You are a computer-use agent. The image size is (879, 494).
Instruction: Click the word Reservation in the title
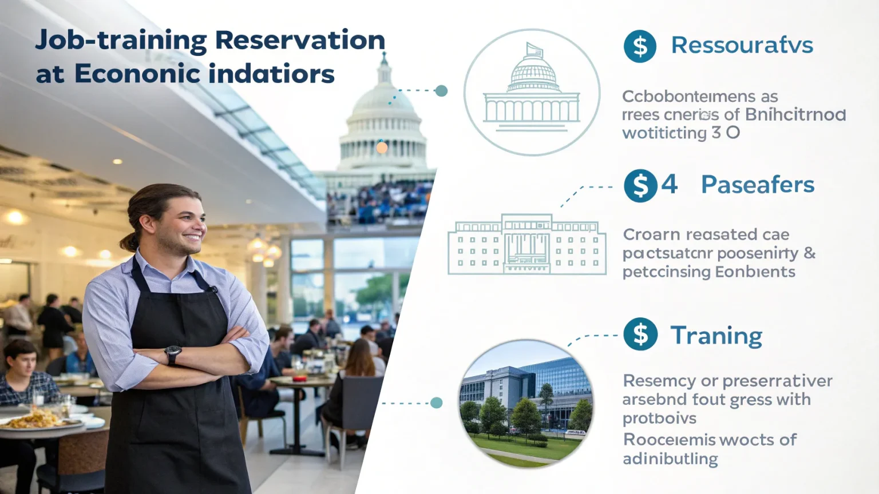click(300, 41)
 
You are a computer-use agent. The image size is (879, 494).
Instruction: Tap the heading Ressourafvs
click(742, 45)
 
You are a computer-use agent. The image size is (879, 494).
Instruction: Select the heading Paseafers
click(757, 185)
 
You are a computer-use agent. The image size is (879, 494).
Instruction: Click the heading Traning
click(716, 336)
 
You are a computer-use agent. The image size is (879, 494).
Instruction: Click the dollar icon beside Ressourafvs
click(640, 46)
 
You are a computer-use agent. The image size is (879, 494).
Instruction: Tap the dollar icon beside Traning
click(640, 334)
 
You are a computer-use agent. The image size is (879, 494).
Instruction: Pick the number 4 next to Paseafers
click(669, 185)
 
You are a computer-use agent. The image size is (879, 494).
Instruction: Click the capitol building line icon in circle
click(532, 92)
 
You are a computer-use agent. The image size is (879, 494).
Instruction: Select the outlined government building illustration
click(526, 245)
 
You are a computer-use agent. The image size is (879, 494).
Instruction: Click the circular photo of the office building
click(526, 404)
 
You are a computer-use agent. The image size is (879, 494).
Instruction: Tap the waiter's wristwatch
click(173, 354)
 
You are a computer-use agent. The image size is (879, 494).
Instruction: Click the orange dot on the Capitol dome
click(382, 148)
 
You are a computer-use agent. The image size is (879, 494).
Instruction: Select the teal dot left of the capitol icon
click(441, 90)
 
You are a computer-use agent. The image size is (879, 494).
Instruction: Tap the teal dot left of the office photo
click(437, 403)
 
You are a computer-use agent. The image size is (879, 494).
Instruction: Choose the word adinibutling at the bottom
click(670, 459)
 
